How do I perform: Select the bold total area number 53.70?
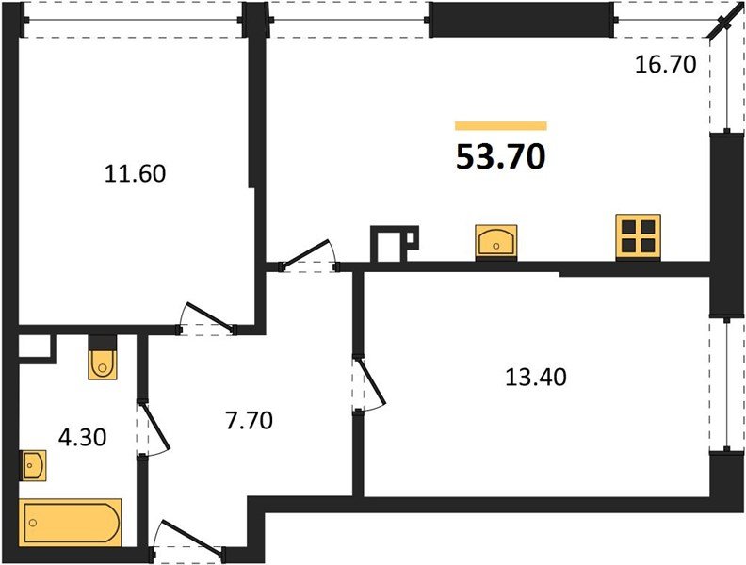[x=501, y=157]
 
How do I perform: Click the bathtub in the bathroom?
[x=72, y=521]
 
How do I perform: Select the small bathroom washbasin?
[x=33, y=463]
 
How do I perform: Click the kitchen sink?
[x=496, y=240]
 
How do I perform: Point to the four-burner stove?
[x=638, y=236]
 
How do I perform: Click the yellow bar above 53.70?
[x=501, y=125]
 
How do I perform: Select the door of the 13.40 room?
[x=369, y=383]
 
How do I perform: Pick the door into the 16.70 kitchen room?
[x=312, y=256]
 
